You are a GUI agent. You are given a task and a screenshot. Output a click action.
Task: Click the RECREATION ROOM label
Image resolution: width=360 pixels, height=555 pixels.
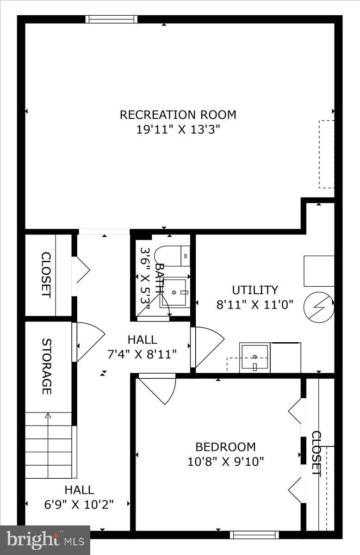tap(178, 115)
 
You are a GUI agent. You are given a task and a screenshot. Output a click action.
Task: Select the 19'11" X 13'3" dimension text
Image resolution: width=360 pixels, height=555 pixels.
tap(178, 129)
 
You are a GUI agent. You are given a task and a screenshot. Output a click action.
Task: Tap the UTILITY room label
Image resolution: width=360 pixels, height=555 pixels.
tap(255, 290)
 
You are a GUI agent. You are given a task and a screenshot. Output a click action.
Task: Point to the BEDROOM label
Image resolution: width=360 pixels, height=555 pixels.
tap(225, 447)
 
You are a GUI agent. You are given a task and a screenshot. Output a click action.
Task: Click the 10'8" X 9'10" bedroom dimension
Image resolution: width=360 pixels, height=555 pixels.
tap(225, 461)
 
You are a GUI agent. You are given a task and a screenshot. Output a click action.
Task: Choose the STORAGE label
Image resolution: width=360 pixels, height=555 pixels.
tap(47, 366)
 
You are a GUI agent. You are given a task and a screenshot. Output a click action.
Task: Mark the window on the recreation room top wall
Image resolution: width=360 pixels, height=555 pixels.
tap(112, 19)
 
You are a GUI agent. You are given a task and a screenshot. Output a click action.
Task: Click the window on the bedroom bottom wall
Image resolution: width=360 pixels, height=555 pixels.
tap(254, 535)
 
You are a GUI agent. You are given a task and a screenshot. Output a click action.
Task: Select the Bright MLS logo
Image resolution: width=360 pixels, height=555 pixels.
tap(45, 540)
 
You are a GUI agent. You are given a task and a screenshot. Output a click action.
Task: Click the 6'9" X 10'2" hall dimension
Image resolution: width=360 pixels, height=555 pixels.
tap(79, 504)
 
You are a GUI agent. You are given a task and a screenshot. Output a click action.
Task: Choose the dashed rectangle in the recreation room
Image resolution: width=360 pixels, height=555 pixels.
tap(326, 154)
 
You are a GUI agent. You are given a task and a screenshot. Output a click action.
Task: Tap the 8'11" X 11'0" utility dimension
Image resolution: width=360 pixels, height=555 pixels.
tap(255, 305)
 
